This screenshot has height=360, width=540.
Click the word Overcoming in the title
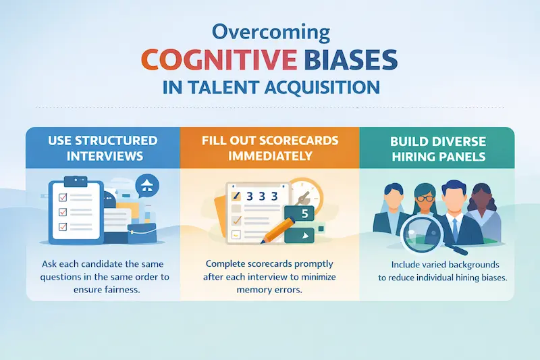[x=269, y=32]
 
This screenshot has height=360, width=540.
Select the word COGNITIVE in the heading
[x=208, y=59]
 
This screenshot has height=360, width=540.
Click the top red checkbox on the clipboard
[x=63, y=197]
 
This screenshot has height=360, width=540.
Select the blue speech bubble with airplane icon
[x=146, y=184]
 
